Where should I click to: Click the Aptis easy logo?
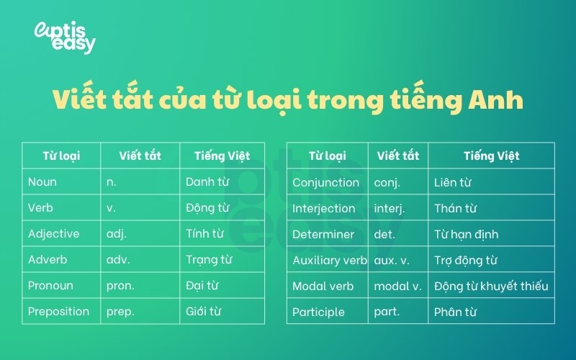click(x=65, y=37)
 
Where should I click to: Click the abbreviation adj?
click(x=118, y=234)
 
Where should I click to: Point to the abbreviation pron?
click(x=120, y=286)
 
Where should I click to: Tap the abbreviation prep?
click(x=120, y=312)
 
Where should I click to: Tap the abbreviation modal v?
click(x=397, y=287)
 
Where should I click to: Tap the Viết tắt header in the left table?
click(x=140, y=156)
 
